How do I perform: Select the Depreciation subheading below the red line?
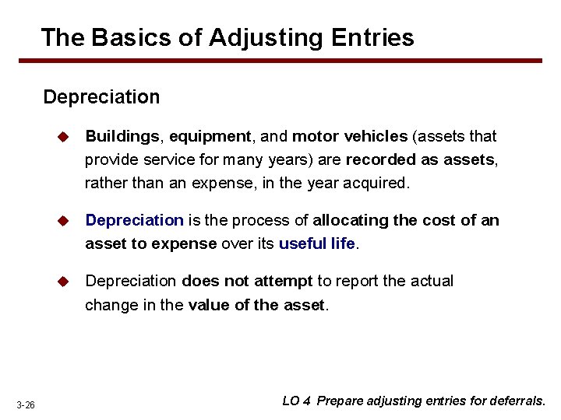[x=101, y=97]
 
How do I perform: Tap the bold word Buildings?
[x=122, y=137]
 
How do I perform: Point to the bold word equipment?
[x=210, y=137]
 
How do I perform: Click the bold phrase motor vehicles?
[x=349, y=137]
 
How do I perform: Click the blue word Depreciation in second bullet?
[x=134, y=221]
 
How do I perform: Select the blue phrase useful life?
[x=316, y=243]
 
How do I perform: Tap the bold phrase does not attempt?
[x=247, y=281]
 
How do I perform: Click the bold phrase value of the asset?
[x=256, y=305]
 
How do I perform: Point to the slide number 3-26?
[x=26, y=405]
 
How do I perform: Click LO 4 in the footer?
[x=296, y=401]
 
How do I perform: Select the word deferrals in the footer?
[x=518, y=401]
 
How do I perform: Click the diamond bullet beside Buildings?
[x=64, y=137]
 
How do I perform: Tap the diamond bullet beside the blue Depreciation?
[x=64, y=221]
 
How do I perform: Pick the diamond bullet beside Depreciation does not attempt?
[x=64, y=281]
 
